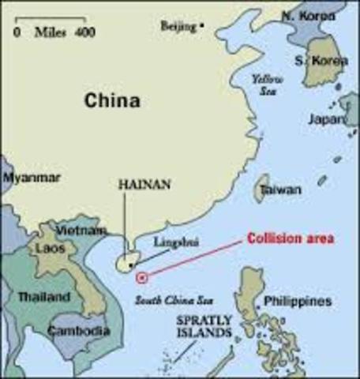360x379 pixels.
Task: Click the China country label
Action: tap(113, 101)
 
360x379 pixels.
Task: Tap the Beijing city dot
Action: tap(202, 26)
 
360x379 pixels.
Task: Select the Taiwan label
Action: tap(281, 190)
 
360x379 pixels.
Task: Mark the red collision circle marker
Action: tap(141, 277)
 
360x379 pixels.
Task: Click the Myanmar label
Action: tap(32, 178)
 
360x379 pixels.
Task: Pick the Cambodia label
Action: tap(78, 332)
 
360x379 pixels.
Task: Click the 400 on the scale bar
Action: tap(84, 32)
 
